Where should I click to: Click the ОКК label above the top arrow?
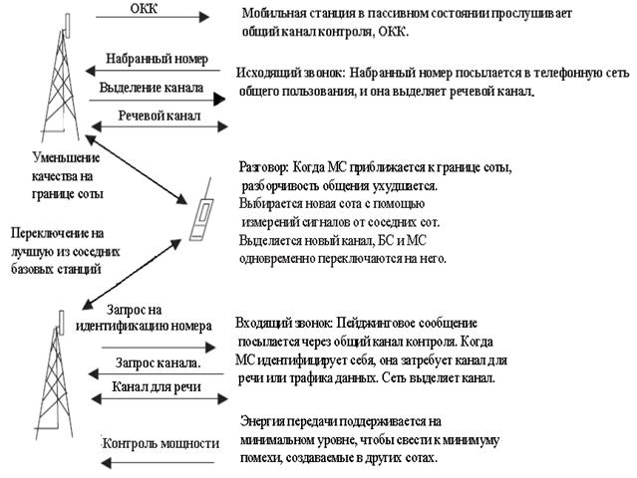(x=151, y=8)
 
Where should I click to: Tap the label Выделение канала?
(x=152, y=88)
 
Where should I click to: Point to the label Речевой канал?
(x=159, y=117)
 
